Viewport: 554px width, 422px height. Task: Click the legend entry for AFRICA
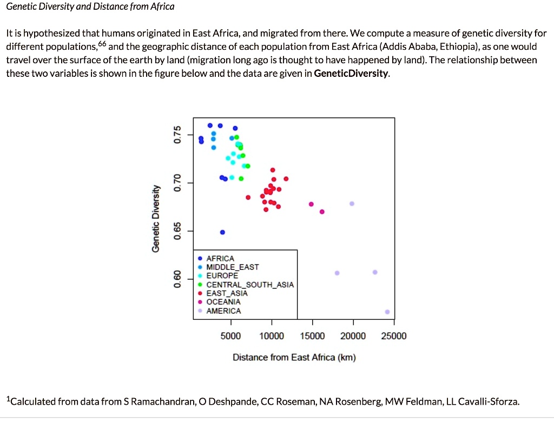coord(220,259)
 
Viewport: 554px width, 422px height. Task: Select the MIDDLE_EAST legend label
coord(233,267)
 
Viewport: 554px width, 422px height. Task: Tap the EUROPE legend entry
coord(222,276)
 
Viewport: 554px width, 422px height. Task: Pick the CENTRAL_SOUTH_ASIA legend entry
coord(250,285)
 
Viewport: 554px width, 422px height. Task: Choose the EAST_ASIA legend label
coord(227,293)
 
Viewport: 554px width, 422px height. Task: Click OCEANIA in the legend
coord(223,302)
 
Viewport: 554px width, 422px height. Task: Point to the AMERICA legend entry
coord(223,311)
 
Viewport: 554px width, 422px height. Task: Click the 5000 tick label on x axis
coord(231,336)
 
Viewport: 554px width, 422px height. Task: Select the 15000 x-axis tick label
coord(313,336)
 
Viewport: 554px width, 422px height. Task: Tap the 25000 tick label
coord(394,336)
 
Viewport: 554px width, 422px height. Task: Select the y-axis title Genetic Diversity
coord(156,219)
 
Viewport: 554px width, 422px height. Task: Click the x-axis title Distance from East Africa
coord(294,358)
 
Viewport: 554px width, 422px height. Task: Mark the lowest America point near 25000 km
coord(387,312)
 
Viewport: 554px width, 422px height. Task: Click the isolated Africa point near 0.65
coord(222,232)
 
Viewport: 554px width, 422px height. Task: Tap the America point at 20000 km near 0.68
coord(352,203)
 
